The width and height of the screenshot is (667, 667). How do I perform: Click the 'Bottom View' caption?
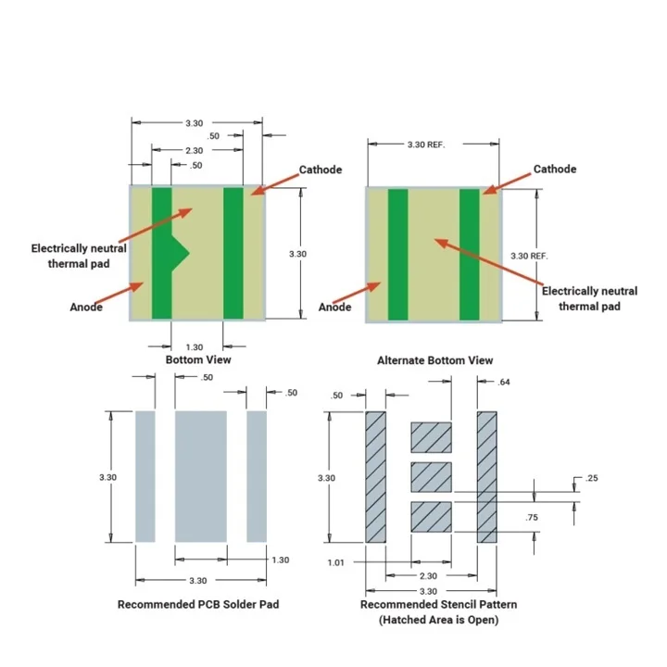[198, 359]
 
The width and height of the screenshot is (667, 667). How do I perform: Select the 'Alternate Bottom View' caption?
[434, 360]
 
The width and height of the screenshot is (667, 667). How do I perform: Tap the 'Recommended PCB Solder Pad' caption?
[198, 604]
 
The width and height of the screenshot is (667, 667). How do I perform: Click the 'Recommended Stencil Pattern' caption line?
[438, 604]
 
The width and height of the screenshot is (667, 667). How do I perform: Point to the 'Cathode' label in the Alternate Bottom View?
[554, 170]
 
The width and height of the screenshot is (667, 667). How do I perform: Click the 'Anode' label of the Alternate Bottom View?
[334, 308]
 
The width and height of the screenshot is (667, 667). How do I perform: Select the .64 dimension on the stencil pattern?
[504, 383]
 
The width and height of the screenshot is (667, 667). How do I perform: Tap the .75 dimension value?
[531, 518]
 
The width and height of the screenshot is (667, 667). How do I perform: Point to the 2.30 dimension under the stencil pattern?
[428, 576]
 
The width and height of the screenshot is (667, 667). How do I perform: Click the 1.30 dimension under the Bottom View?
[197, 346]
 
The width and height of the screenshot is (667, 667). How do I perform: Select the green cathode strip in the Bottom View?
[233, 252]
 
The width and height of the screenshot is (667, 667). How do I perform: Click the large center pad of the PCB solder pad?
[201, 476]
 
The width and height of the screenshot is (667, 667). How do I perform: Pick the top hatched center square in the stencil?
[431, 436]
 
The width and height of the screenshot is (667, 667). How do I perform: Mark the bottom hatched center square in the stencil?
[431, 516]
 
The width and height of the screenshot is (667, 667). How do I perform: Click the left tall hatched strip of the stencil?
[375, 476]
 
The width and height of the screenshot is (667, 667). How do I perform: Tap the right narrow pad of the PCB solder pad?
[257, 476]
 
